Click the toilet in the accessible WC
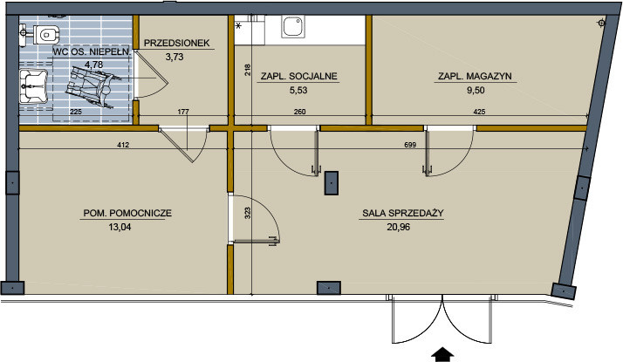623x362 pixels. point(46,34)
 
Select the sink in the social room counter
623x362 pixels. point(293,27)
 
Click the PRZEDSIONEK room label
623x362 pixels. point(176,44)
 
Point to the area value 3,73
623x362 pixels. point(175,57)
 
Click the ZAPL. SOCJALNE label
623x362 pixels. point(298,76)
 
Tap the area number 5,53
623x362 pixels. point(298,90)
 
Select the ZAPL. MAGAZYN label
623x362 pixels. point(475,76)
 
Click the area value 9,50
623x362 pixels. point(476,90)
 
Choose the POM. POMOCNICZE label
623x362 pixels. point(127,213)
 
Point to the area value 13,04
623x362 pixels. point(120,228)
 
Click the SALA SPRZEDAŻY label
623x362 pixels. point(403,213)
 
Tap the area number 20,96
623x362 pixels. point(398,228)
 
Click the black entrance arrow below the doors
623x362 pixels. point(442,355)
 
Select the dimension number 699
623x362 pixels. point(410,145)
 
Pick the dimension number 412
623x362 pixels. point(123,145)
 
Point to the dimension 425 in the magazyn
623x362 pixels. point(480,112)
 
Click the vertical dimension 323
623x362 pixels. point(248,214)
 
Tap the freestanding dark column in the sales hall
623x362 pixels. point(332,183)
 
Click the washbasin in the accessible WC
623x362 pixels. point(34,86)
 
